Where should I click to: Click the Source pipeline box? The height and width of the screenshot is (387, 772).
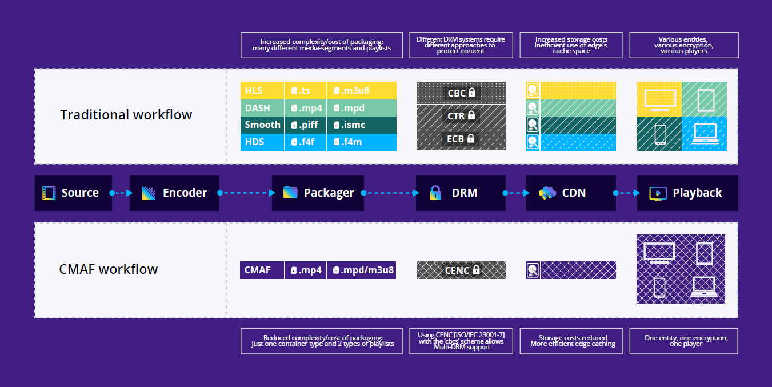pyautogui.click(x=73, y=193)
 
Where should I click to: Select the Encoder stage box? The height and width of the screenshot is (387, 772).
pyautogui.click(x=174, y=193)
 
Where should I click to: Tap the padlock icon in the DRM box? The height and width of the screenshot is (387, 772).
pyautogui.click(x=435, y=193)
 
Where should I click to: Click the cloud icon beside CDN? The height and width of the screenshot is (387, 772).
pyautogui.click(x=547, y=193)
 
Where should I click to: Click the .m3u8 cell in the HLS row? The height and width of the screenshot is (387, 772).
pyautogui.click(x=361, y=90)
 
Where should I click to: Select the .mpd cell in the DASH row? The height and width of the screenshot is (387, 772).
pyautogui.click(x=361, y=107)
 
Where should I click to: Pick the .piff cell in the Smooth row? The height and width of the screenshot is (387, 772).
pyautogui.click(x=306, y=125)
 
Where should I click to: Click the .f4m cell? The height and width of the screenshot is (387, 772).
pyautogui.click(x=361, y=142)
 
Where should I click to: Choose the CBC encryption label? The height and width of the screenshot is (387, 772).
pyautogui.click(x=461, y=93)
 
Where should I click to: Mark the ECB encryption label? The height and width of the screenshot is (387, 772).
pyautogui.click(x=461, y=139)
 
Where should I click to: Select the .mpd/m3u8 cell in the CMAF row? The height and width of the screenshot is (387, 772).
pyautogui.click(x=361, y=270)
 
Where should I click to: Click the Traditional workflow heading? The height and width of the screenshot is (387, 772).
pyautogui.click(x=126, y=115)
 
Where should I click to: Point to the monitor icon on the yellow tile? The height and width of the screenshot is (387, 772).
pyautogui.click(x=660, y=99)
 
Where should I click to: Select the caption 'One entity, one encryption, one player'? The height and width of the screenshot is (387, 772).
pyautogui.click(x=683, y=341)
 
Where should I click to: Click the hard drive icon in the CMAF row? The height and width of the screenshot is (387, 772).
pyautogui.click(x=533, y=270)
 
